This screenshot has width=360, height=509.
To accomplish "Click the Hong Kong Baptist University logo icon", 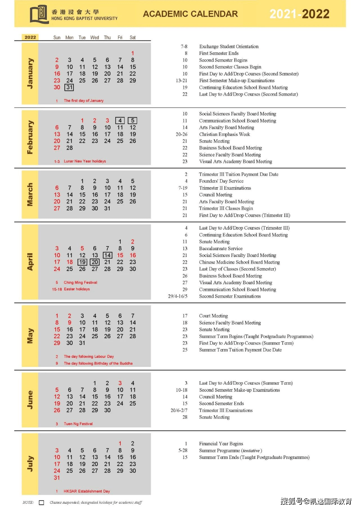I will [39, 14].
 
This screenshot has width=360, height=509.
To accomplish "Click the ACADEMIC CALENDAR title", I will [190, 14].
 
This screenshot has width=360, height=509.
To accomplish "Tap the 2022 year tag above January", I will [30, 37].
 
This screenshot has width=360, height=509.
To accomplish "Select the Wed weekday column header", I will [95, 38].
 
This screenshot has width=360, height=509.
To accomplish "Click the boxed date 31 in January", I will [69, 87].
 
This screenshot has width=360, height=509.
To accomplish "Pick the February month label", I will [30, 137].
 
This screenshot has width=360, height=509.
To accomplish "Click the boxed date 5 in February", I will [133, 120].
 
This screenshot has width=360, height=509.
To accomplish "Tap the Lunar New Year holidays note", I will [85, 161].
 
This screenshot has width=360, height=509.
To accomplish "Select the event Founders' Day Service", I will [221, 181].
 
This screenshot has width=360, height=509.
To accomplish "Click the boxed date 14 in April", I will [107, 255].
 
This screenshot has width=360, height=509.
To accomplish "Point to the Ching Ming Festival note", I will [80, 283].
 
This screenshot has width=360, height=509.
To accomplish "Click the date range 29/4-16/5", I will [178, 296].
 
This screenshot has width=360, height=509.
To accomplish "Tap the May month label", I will [30, 336].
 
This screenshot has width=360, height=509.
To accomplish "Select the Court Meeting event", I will [213, 316].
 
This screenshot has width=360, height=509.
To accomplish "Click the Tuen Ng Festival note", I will [78, 424].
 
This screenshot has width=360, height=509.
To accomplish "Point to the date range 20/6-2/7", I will [179, 410].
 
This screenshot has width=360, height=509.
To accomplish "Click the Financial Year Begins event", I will [221, 444].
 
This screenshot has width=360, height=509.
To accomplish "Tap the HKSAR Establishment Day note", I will [87, 491].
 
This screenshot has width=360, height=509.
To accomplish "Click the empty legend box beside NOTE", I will [42, 503].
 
